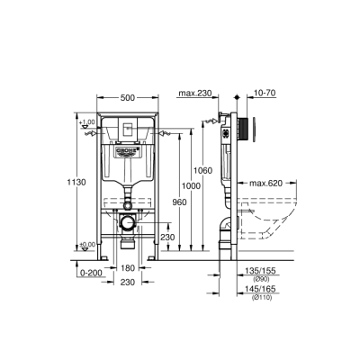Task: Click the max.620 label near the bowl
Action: tap(267, 184)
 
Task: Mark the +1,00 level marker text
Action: tap(86, 122)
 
